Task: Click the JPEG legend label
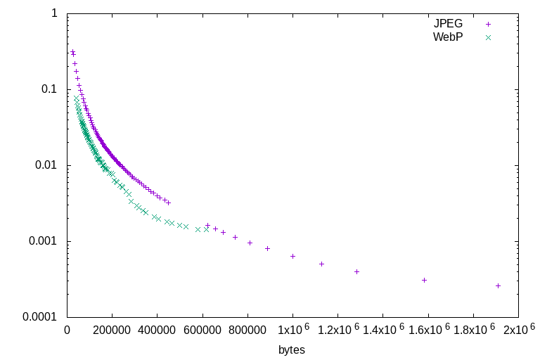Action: (x=448, y=23)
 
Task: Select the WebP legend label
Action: (x=448, y=37)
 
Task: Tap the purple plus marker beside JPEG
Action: (x=488, y=23)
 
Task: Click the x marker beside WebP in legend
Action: (x=488, y=37)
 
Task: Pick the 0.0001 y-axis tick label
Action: (x=40, y=317)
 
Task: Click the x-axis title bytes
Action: (x=292, y=349)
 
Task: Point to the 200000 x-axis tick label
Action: (x=112, y=329)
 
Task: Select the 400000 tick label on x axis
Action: (x=157, y=329)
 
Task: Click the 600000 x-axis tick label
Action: (x=202, y=329)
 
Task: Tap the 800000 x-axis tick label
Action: (x=247, y=329)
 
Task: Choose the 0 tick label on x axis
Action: (x=67, y=329)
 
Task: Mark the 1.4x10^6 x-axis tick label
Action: (x=382, y=329)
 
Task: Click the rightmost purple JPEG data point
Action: (x=498, y=285)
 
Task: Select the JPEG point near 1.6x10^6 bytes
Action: (x=424, y=280)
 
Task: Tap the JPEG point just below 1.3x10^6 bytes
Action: (x=356, y=271)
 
